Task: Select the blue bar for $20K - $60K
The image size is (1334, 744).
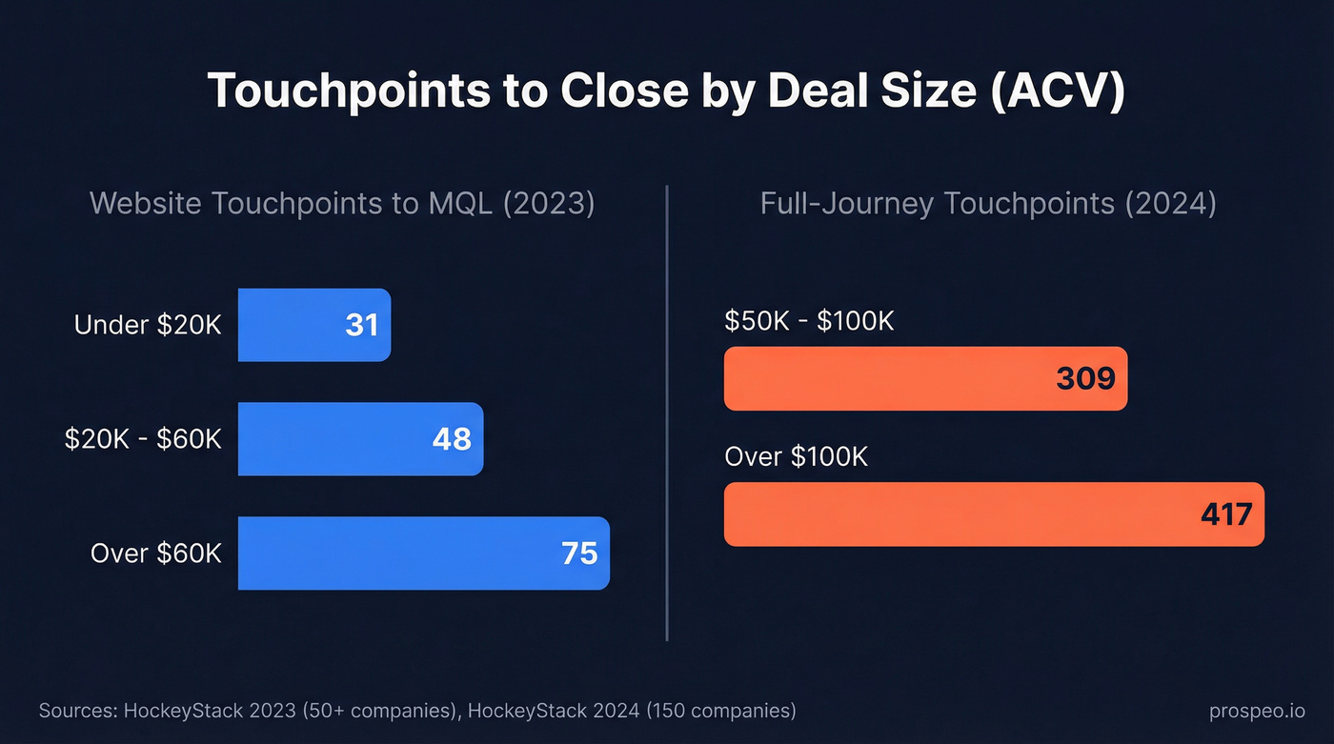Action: click(343, 439)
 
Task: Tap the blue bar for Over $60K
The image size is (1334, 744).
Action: click(400, 553)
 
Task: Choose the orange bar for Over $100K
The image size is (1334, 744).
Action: click(953, 514)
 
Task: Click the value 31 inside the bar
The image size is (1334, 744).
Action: click(362, 325)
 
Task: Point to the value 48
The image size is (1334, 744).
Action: click(452, 439)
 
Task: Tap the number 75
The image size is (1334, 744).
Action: click(579, 553)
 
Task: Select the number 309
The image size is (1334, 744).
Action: click(1085, 379)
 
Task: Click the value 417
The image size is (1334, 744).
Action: click(1226, 514)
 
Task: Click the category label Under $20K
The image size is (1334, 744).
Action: click(148, 325)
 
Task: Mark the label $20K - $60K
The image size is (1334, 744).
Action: click(143, 439)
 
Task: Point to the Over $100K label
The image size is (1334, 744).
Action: click(796, 456)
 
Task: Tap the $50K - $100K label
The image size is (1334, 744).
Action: click(809, 321)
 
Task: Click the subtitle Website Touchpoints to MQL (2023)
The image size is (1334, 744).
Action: click(342, 204)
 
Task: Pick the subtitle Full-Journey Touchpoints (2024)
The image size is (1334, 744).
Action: click(988, 204)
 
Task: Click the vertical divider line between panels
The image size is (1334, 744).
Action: click(667, 410)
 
